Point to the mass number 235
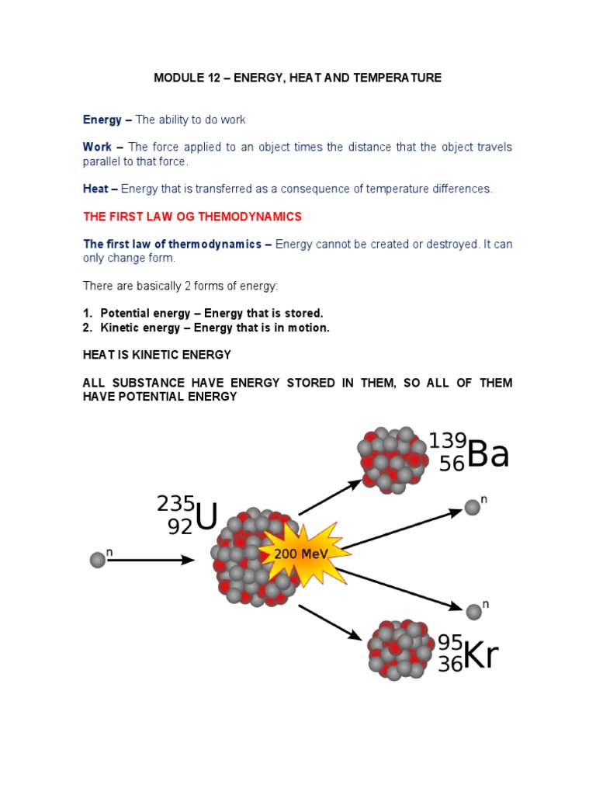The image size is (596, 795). click(x=175, y=503)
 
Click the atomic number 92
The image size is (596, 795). click(x=179, y=527)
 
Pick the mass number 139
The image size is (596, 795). click(x=448, y=441)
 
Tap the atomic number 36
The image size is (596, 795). click(x=450, y=665)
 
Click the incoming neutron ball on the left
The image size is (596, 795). click(x=96, y=560)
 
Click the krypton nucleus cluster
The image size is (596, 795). click(x=400, y=649)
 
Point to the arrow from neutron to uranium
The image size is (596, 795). click(x=151, y=560)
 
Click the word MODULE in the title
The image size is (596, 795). click(x=177, y=78)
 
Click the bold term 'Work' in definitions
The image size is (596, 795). click(x=98, y=148)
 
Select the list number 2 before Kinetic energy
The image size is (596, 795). click(x=87, y=328)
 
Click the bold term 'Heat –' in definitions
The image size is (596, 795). click(x=100, y=189)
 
